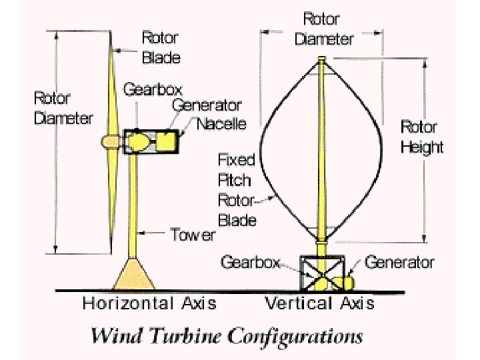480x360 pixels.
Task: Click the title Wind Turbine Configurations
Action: click(x=227, y=335)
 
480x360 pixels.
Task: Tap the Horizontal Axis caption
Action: click(x=149, y=303)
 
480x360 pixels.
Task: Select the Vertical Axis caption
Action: click(x=320, y=303)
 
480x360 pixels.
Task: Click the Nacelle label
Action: click(x=221, y=124)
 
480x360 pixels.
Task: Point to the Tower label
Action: click(x=193, y=235)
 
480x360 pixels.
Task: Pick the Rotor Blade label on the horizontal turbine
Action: click(x=161, y=47)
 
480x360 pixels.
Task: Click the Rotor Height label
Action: click(x=421, y=137)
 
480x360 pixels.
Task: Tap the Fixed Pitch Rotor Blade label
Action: click(x=237, y=189)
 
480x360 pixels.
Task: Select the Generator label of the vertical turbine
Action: click(x=399, y=262)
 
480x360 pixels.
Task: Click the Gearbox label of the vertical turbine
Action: click(x=250, y=262)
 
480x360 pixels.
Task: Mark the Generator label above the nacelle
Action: click(x=207, y=105)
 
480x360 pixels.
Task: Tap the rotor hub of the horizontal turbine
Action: click(x=108, y=141)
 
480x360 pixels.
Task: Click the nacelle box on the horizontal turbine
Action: click(x=152, y=141)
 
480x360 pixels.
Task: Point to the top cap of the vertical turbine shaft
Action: click(x=322, y=60)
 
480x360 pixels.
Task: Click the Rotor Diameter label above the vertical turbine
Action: click(x=324, y=29)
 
